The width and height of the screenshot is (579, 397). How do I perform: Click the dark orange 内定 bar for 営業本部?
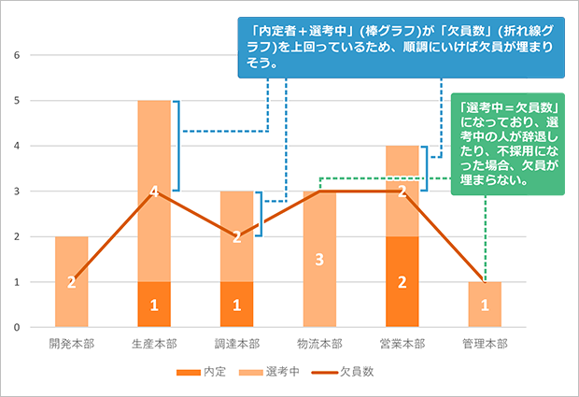click(402, 281)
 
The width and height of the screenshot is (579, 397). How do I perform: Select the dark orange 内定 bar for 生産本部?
click(154, 305)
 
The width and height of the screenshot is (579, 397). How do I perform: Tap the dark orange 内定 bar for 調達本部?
click(236, 305)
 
